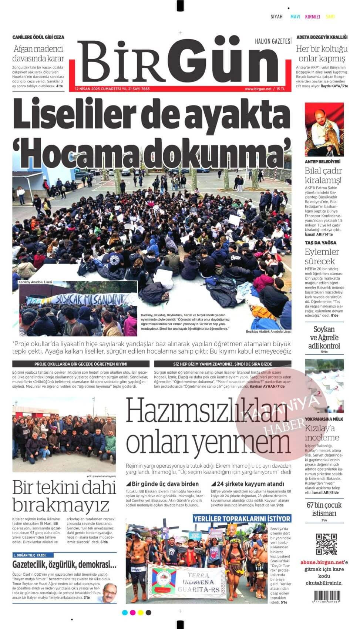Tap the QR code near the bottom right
(x=326, y=544)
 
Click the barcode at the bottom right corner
(x=327, y=596)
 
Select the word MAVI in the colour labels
(x=295, y=17)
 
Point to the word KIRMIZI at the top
(x=312, y=17)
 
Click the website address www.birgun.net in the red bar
(x=258, y=89)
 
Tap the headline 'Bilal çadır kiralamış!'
(x=323, y=175)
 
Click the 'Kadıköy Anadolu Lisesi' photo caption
(x=35, y=282)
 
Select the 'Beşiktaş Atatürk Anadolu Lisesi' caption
(x=269, y=332)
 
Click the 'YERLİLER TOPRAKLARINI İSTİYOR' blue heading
(x=242, y=518)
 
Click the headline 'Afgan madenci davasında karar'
(x=38, y=53)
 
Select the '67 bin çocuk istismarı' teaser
(x=324, y=509)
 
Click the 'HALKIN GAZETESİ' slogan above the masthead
(x=273, y=41)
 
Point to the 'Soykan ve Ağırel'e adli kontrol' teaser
(x=324, y=337)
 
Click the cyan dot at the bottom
(x=124, y=613)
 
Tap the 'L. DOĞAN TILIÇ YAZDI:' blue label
(x=33, y=555)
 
